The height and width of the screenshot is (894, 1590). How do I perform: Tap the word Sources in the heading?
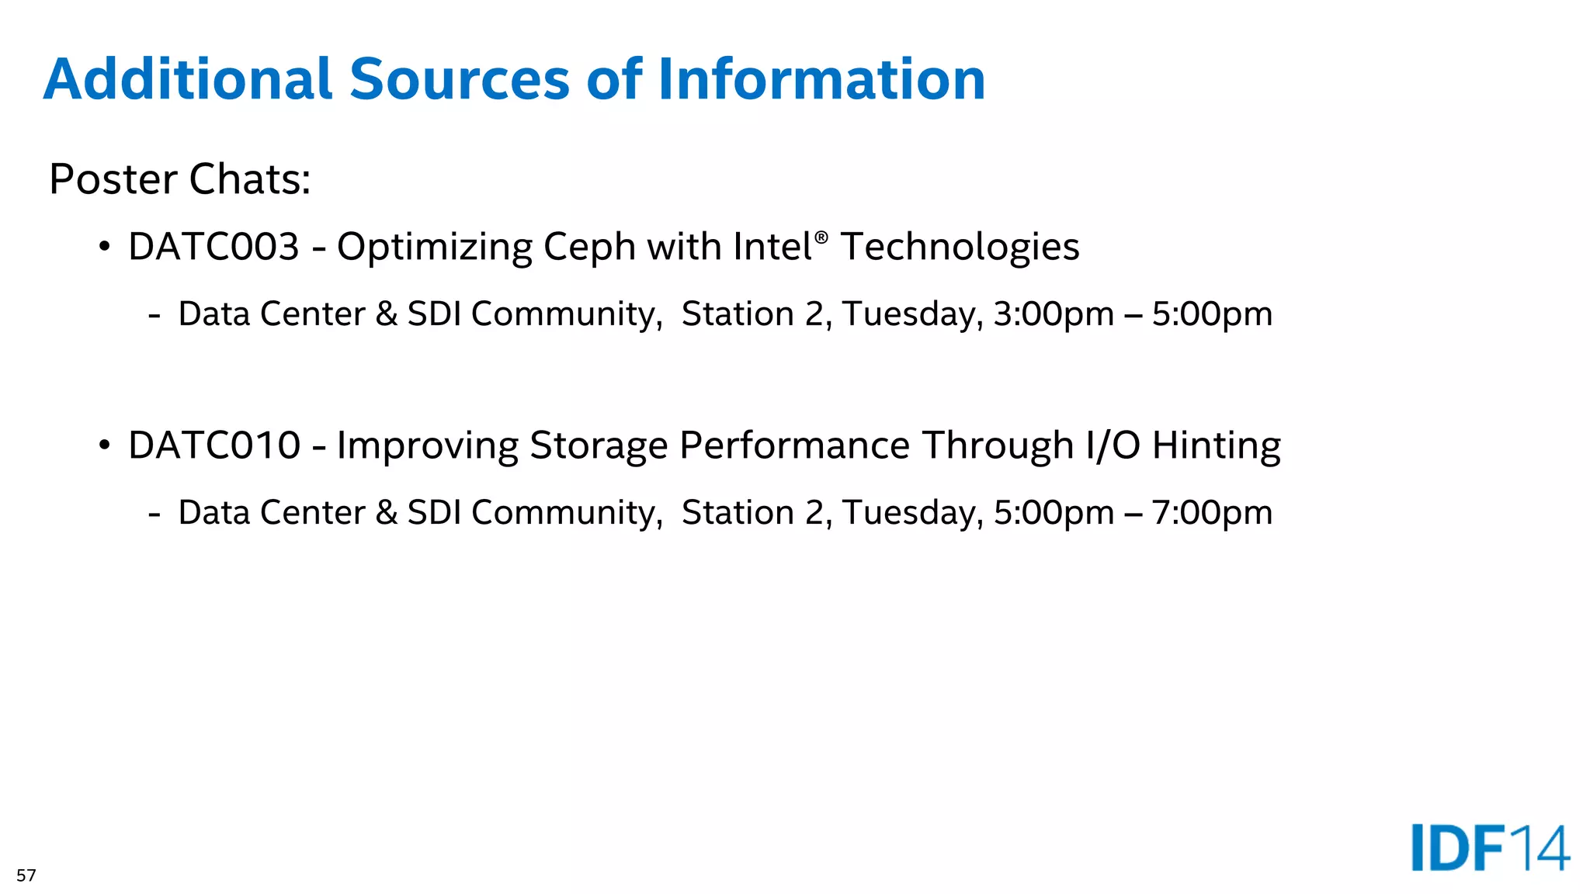(460, 79)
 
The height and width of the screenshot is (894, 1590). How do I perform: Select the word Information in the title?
(821, 79)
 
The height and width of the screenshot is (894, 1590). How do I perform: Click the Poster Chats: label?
(179, 179)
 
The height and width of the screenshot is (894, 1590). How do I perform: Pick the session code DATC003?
(214, 247)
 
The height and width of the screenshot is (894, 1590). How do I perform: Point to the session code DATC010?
(214, 445)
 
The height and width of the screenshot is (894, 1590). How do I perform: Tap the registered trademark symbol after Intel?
(821, 236)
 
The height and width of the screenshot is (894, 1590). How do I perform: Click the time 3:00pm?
(1054, 314)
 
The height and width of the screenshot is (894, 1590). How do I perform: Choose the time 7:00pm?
(1212, 513)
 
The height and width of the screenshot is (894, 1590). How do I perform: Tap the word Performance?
(794, 445)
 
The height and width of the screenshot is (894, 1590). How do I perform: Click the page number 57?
(26, 875)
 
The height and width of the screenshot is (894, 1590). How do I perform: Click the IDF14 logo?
(1490, 848)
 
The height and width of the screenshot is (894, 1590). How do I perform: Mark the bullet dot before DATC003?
(104, 248)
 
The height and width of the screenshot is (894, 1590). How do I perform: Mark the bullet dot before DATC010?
(104, 446)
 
